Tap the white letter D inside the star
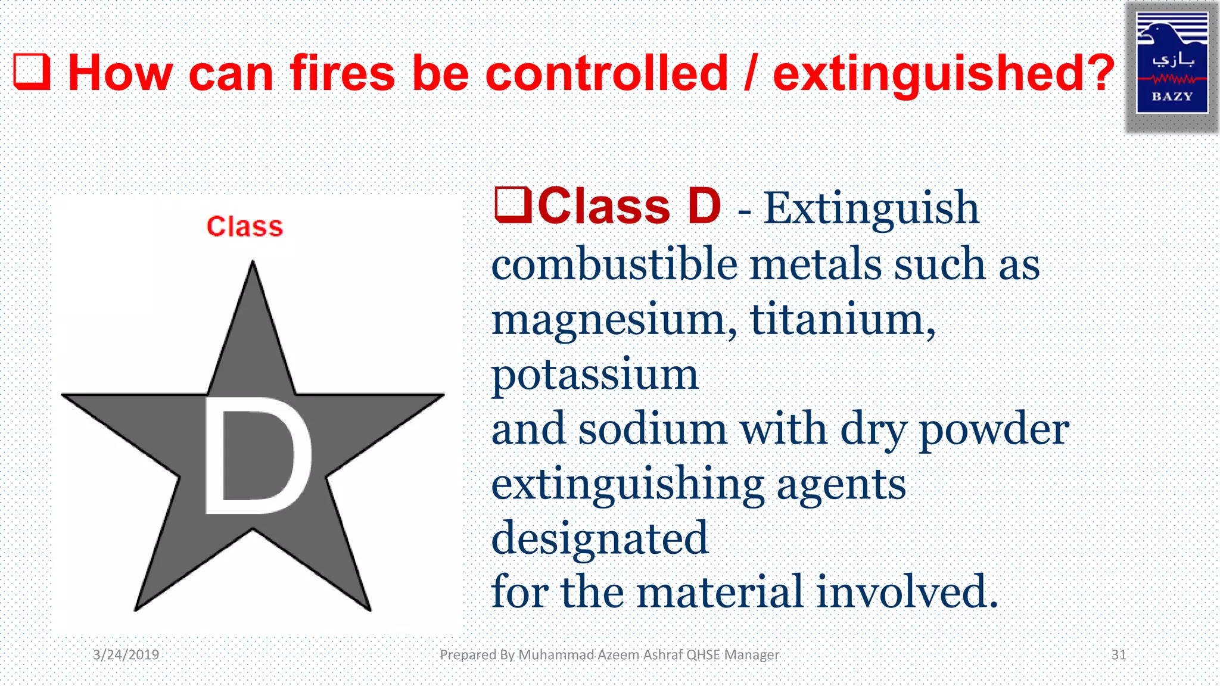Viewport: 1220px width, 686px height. point(256,456)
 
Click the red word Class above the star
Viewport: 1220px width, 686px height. point(245,227)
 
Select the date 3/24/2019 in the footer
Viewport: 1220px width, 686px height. point(126,655)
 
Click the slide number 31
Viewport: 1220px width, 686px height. point(1119,655)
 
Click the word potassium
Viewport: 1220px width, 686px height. point(595,376)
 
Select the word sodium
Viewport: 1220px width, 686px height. point(652,429)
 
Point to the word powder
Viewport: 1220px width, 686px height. point(994,431)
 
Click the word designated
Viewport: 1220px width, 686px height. point(599,538)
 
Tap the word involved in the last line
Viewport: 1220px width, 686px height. point(905,592)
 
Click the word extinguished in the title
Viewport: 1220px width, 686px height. point(943,74)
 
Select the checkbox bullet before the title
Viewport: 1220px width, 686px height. point(32,72)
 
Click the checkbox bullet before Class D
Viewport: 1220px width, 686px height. point(512,205)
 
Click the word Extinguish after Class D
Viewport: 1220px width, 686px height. point(871,208)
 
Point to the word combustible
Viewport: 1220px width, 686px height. point(614,265)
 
